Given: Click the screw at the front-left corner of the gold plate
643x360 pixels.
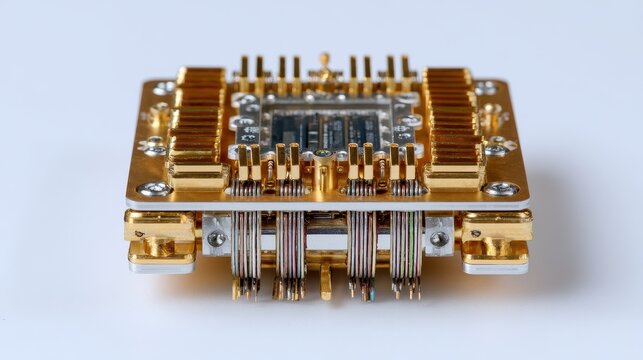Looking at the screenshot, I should [x=153, y=188].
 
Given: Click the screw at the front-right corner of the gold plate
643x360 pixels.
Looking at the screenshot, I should [x=500, y=188].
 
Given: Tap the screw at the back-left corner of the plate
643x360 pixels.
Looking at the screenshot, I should [x=164, y=88].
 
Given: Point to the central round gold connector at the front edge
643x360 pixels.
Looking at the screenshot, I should [x=323, y=156].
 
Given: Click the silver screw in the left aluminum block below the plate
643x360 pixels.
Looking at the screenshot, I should [x=216, y=238].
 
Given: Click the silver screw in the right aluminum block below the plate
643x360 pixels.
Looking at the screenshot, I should [x=438, y=238].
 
